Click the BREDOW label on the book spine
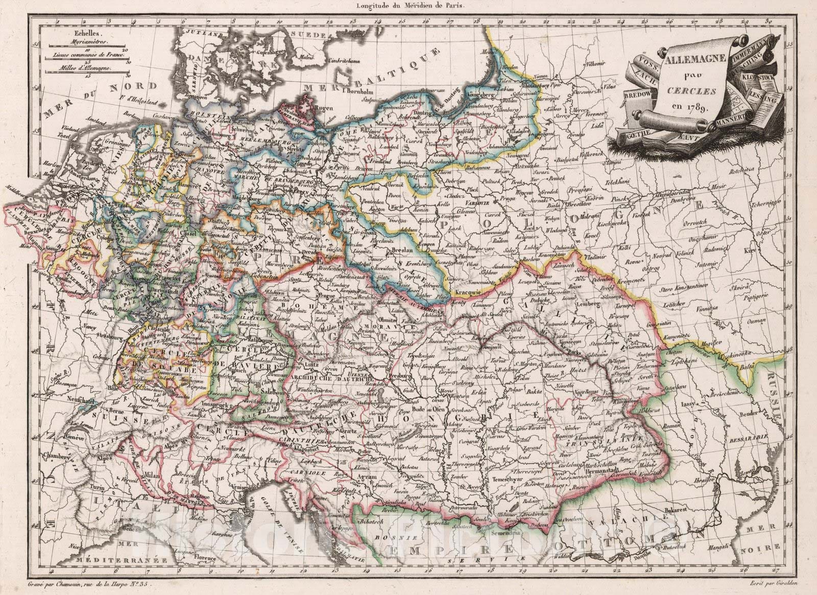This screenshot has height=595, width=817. click(639, 95)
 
